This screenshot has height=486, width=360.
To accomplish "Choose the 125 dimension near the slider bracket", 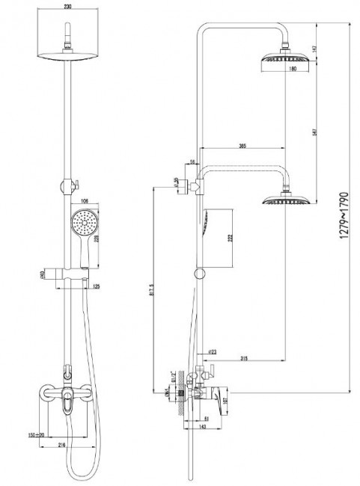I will point(96,285).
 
